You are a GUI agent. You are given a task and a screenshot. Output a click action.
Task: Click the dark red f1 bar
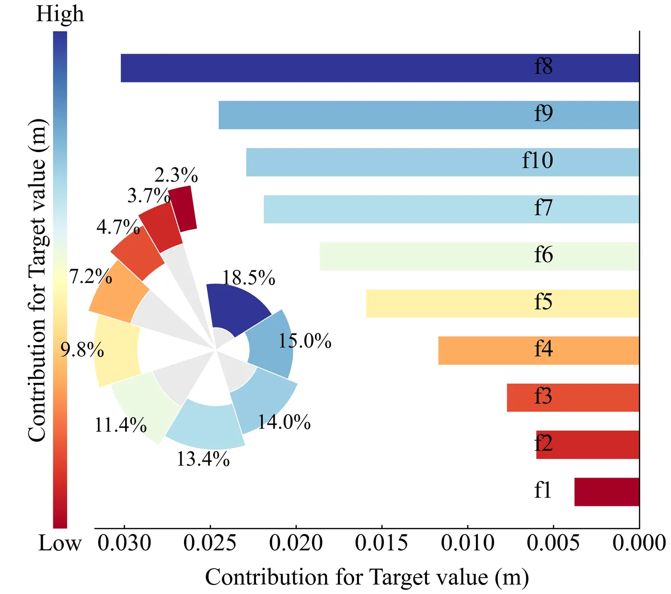pos(606,492)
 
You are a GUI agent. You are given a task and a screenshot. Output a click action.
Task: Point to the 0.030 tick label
pos(125,544)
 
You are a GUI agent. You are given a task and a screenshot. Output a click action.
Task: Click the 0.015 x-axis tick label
pos(382,544)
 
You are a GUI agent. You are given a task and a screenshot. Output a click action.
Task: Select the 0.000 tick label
pos(639,544)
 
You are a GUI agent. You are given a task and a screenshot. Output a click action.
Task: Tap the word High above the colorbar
pos(60,14)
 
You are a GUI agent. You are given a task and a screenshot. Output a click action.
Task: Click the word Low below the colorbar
pos(60,544)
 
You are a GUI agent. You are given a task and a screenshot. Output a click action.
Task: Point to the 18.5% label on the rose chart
pos(249,279)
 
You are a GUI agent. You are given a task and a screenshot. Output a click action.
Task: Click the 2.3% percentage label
pos(176,175)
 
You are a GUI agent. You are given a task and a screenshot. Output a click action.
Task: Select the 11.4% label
pos(120,425)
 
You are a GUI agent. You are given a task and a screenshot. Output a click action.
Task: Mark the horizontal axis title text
pos(367,577)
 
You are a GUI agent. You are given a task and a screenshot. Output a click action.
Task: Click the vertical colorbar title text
pos(37,280)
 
